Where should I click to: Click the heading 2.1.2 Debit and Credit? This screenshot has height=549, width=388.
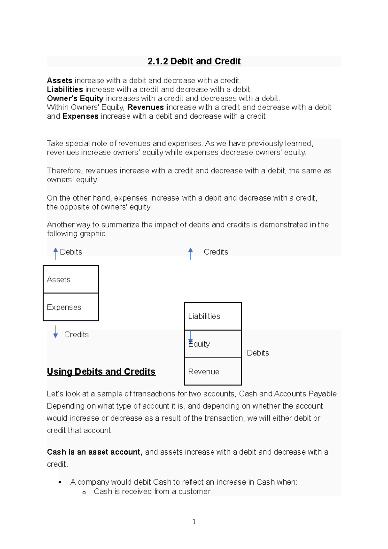click(x=194, y=61)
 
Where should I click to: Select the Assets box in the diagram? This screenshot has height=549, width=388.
click(x=71, y=279)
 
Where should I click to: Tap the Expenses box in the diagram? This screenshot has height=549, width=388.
click(x=71, y=307)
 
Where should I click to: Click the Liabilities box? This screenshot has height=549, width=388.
click(x=213, y=316)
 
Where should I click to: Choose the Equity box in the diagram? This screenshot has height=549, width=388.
click(x=213, y=344)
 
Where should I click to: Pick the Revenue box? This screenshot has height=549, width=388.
click(x=213, y=371)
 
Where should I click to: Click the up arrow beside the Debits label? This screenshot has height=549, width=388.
click(x=56, y=253)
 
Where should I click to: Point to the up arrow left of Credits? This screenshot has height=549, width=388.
click(x=190, y=253)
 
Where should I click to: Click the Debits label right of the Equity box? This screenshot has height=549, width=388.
click(x=258, y=353)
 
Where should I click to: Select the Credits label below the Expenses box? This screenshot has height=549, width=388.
click(x=76, y=335)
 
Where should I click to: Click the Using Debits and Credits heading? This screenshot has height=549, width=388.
click(x=101, y=371)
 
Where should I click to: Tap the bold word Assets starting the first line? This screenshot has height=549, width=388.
click(x=59, y=81)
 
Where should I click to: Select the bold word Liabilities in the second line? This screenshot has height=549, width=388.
click(x=65, y=90)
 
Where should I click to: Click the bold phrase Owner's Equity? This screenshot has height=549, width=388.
click(x=75, y=98)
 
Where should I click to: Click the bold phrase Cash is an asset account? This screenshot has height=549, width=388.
click(x=94, y=452)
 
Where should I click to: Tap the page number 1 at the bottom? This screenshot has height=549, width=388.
click(x=194, y=522)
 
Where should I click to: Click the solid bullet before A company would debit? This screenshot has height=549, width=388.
click(x=60, y=482)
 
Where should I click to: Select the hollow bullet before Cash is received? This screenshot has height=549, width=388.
click(x=84, y=492)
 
